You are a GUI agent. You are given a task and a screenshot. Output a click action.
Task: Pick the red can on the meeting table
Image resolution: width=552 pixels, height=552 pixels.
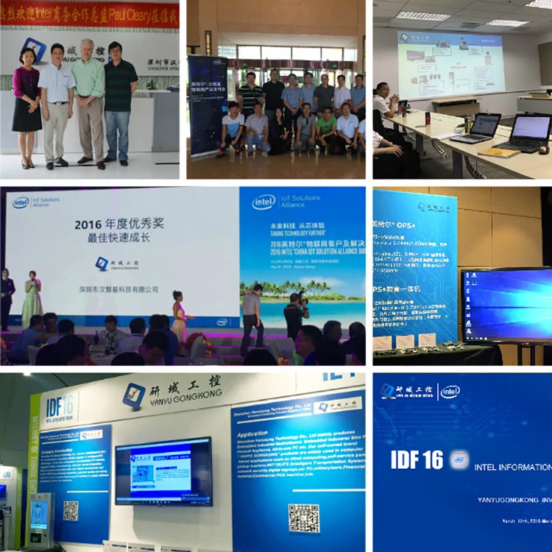(x=428, y=118)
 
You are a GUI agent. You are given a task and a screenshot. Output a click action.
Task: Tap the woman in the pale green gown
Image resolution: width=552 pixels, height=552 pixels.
(x=32, y=302)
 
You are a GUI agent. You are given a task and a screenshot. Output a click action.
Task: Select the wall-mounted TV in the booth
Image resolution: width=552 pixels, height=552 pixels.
(x=163, y=470)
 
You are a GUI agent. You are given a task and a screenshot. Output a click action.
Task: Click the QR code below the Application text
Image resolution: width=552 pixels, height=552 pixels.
(x=303, y=518)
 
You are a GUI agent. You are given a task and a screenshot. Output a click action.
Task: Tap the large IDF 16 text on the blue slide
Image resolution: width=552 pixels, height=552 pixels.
(x=417, y=460)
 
